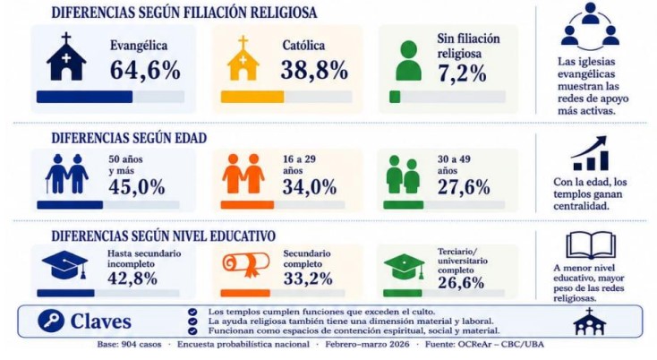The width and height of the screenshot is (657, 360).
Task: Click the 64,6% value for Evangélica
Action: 145,70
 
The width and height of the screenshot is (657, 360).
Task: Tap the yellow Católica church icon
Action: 243,58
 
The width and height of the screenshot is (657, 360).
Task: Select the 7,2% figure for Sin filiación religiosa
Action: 462,73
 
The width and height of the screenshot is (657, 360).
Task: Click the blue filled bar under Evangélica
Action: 85,97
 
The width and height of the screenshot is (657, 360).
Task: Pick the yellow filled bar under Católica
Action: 252,97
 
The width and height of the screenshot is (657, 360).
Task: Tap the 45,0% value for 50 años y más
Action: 137,187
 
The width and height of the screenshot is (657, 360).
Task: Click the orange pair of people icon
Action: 243,174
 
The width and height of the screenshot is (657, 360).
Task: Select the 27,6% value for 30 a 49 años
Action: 464,187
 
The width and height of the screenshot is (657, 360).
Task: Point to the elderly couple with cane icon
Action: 66,174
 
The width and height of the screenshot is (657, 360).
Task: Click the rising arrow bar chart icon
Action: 590,153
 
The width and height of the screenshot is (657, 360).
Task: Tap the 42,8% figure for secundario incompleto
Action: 132,279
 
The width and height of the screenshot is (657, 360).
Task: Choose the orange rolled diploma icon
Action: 246,264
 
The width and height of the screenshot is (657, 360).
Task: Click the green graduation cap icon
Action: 404,267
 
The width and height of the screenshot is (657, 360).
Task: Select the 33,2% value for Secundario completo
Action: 308,279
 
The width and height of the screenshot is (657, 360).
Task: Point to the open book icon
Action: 591,245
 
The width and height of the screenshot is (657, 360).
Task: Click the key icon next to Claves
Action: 51,321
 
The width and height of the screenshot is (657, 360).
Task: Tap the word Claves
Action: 100,321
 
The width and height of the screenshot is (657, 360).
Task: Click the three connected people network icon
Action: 590,24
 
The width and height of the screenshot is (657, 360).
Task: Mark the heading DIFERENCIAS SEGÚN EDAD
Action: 129,138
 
